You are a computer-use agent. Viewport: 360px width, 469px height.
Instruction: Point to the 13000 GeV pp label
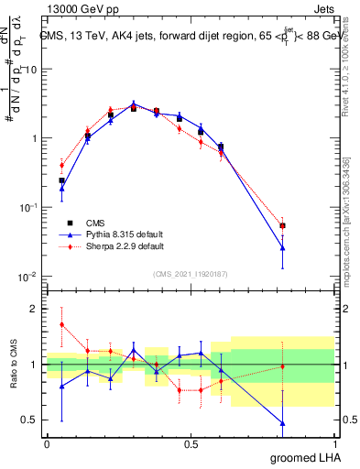click(76, 8)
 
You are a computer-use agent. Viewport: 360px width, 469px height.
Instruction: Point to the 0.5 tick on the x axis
click(191, 443)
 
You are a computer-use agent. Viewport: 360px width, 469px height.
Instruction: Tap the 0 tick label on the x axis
click(47, 443)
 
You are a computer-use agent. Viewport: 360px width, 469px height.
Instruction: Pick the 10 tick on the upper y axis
click(31, 70)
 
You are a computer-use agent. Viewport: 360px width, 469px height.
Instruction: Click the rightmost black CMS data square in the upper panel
click(283, 225)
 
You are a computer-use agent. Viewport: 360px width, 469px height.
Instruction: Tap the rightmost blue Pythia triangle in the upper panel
click(283, 247)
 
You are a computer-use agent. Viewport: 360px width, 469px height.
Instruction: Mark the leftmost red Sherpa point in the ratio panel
click(61, 324)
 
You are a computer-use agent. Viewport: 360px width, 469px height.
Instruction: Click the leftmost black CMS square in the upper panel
click(61, 180)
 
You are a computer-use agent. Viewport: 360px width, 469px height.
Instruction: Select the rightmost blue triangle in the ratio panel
click(283, 423)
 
